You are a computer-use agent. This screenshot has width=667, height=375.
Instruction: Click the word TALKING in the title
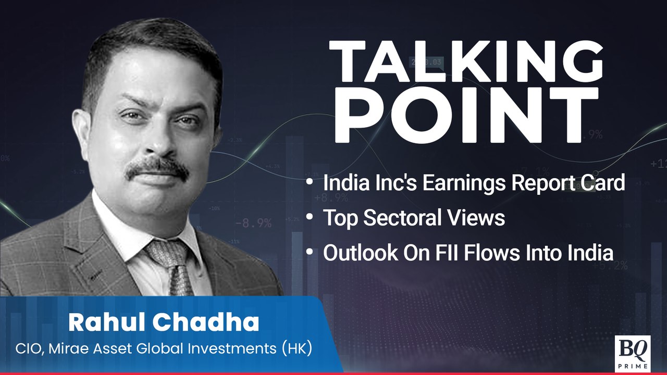pyautogui.click(x=466, y=62)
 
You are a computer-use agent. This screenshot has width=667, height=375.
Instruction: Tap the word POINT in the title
pyautogui.click(x=466, y=115)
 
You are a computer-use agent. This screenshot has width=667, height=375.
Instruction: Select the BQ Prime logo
pyautogui.click(x=633, y=354)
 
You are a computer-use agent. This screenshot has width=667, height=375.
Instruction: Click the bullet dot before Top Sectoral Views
pyautogui.click(x=310, y=217)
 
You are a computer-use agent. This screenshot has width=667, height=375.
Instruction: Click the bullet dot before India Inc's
pyautogui.click(x=310, y=181)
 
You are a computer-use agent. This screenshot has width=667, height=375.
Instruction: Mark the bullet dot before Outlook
pyautogui.click(x=310, y=252)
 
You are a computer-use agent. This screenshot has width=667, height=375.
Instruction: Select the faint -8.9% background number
pyautogui.click(x=254, y=223)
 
